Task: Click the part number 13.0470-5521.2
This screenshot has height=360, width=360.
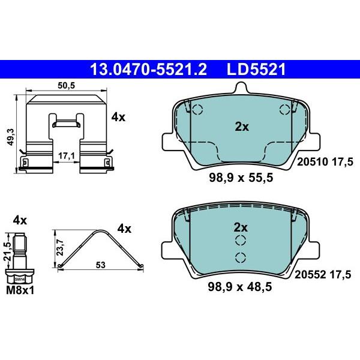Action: [x=149, y=70]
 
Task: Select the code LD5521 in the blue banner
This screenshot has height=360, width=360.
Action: [x=256, y=70]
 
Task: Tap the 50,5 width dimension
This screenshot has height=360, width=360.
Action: [x=67, y=86]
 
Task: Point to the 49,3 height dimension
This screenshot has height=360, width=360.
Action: [x=11, y=137]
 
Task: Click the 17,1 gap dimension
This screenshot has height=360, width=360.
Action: [x=67, y=156]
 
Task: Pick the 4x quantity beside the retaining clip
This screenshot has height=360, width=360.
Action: [x=118, y=118]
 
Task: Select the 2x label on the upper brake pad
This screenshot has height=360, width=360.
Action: [x=242, y=127]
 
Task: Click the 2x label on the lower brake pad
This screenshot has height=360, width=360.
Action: [x=241, y=228]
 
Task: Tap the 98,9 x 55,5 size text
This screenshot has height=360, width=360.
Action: [x=241, y=178]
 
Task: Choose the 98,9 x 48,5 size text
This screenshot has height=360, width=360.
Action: [x=239, y=287]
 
